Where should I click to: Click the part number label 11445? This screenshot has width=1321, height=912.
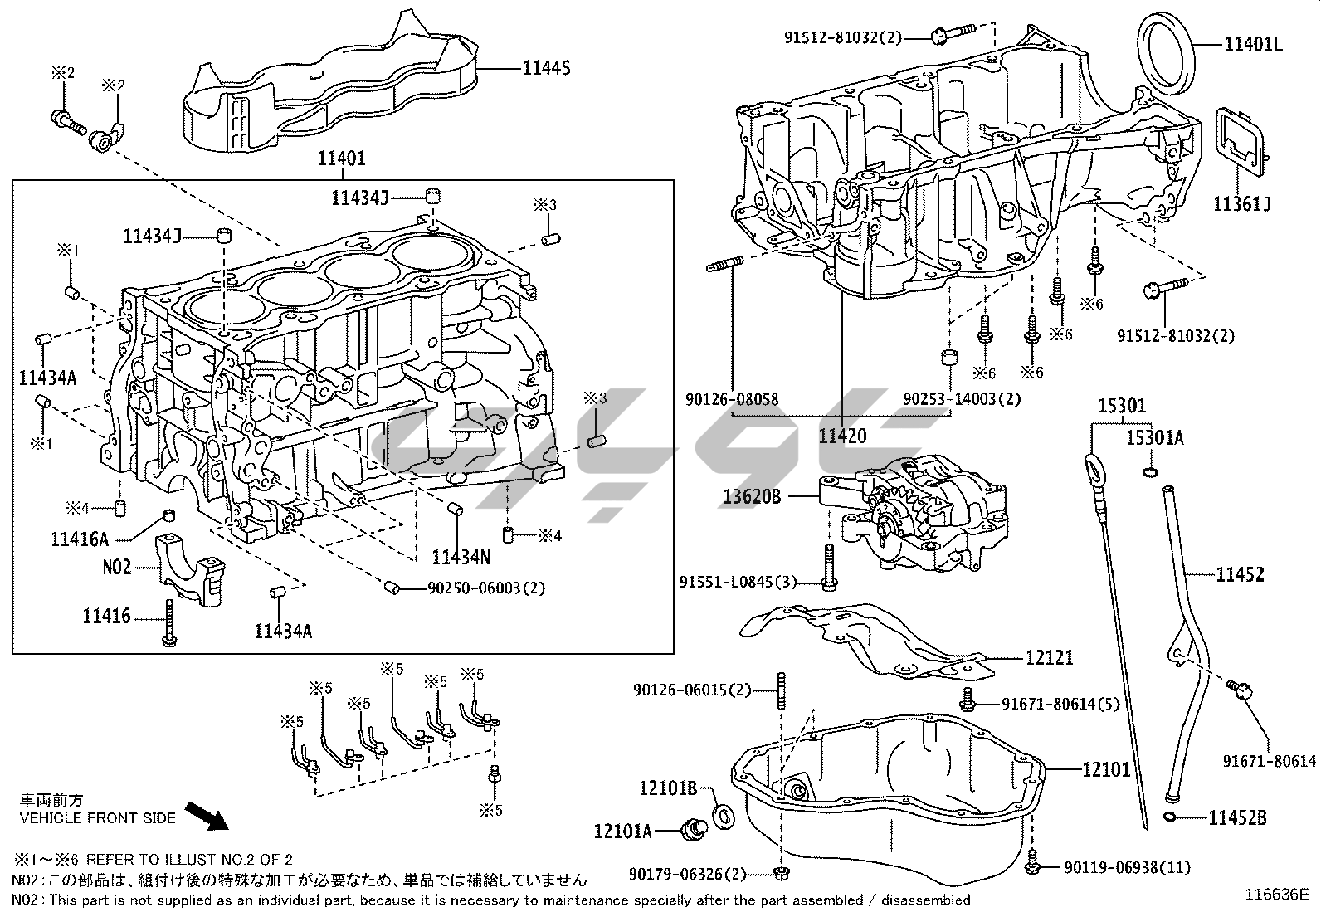(546, 69)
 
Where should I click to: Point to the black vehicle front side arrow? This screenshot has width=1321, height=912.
(206, 816)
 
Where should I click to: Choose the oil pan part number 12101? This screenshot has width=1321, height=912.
(1106, 769)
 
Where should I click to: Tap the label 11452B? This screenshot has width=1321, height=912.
(1237, 818)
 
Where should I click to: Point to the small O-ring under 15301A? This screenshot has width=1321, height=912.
(1149, 472)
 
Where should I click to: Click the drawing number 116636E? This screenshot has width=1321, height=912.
(1276, 895)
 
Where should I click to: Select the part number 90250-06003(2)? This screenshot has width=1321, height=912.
(486, 588)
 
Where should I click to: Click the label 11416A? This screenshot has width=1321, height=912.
(80, 539)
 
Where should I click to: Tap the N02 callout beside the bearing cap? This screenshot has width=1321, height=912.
(117, 568)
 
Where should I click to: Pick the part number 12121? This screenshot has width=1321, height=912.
(1050, 658)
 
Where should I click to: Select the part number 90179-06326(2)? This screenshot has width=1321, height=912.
(688, 874)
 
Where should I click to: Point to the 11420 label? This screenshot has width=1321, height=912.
(842, 436)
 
